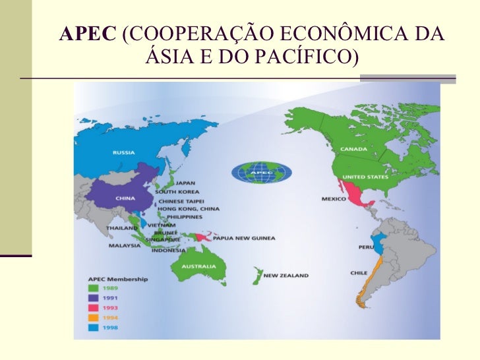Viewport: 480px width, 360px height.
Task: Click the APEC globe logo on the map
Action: click(262, 173)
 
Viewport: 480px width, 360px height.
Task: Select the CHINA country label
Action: click(125, 198)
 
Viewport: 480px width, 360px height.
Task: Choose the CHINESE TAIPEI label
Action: click(181, 200)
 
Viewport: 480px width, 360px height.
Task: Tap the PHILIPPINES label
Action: click(184, 216)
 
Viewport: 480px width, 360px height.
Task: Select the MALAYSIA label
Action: click(125, 246)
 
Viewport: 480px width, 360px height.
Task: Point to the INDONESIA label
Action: click(169, 251)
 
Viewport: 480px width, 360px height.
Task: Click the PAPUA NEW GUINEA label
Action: click(249, 238)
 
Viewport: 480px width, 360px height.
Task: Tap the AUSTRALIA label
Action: click(194, 267)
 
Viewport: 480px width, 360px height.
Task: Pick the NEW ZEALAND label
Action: click(285, 276)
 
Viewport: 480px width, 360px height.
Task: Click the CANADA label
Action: click(353, 149)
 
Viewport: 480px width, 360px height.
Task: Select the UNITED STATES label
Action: click(365, 177)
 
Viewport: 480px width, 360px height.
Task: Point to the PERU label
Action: click(366, 247)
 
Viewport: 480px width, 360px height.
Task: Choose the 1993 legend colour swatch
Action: click(93, 308)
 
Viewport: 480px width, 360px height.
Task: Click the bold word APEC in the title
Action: click(86, 34)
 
